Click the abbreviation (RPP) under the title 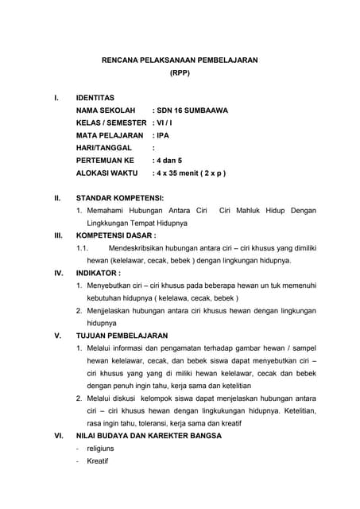click(180, 72)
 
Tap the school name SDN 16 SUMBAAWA click(190, 111)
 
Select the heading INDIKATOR click(98, 272)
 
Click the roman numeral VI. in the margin click(58, 436)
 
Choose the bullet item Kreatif click(98, 460)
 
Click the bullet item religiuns click(100, 449)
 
